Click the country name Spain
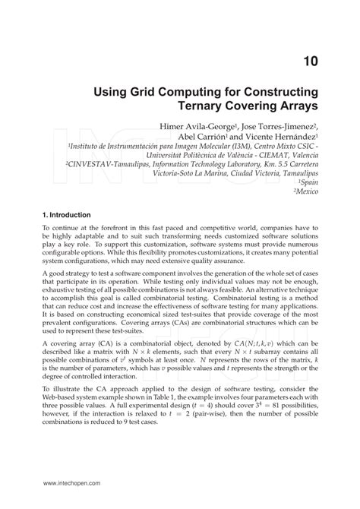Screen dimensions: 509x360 [308, 183]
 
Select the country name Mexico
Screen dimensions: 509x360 [305, 194]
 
